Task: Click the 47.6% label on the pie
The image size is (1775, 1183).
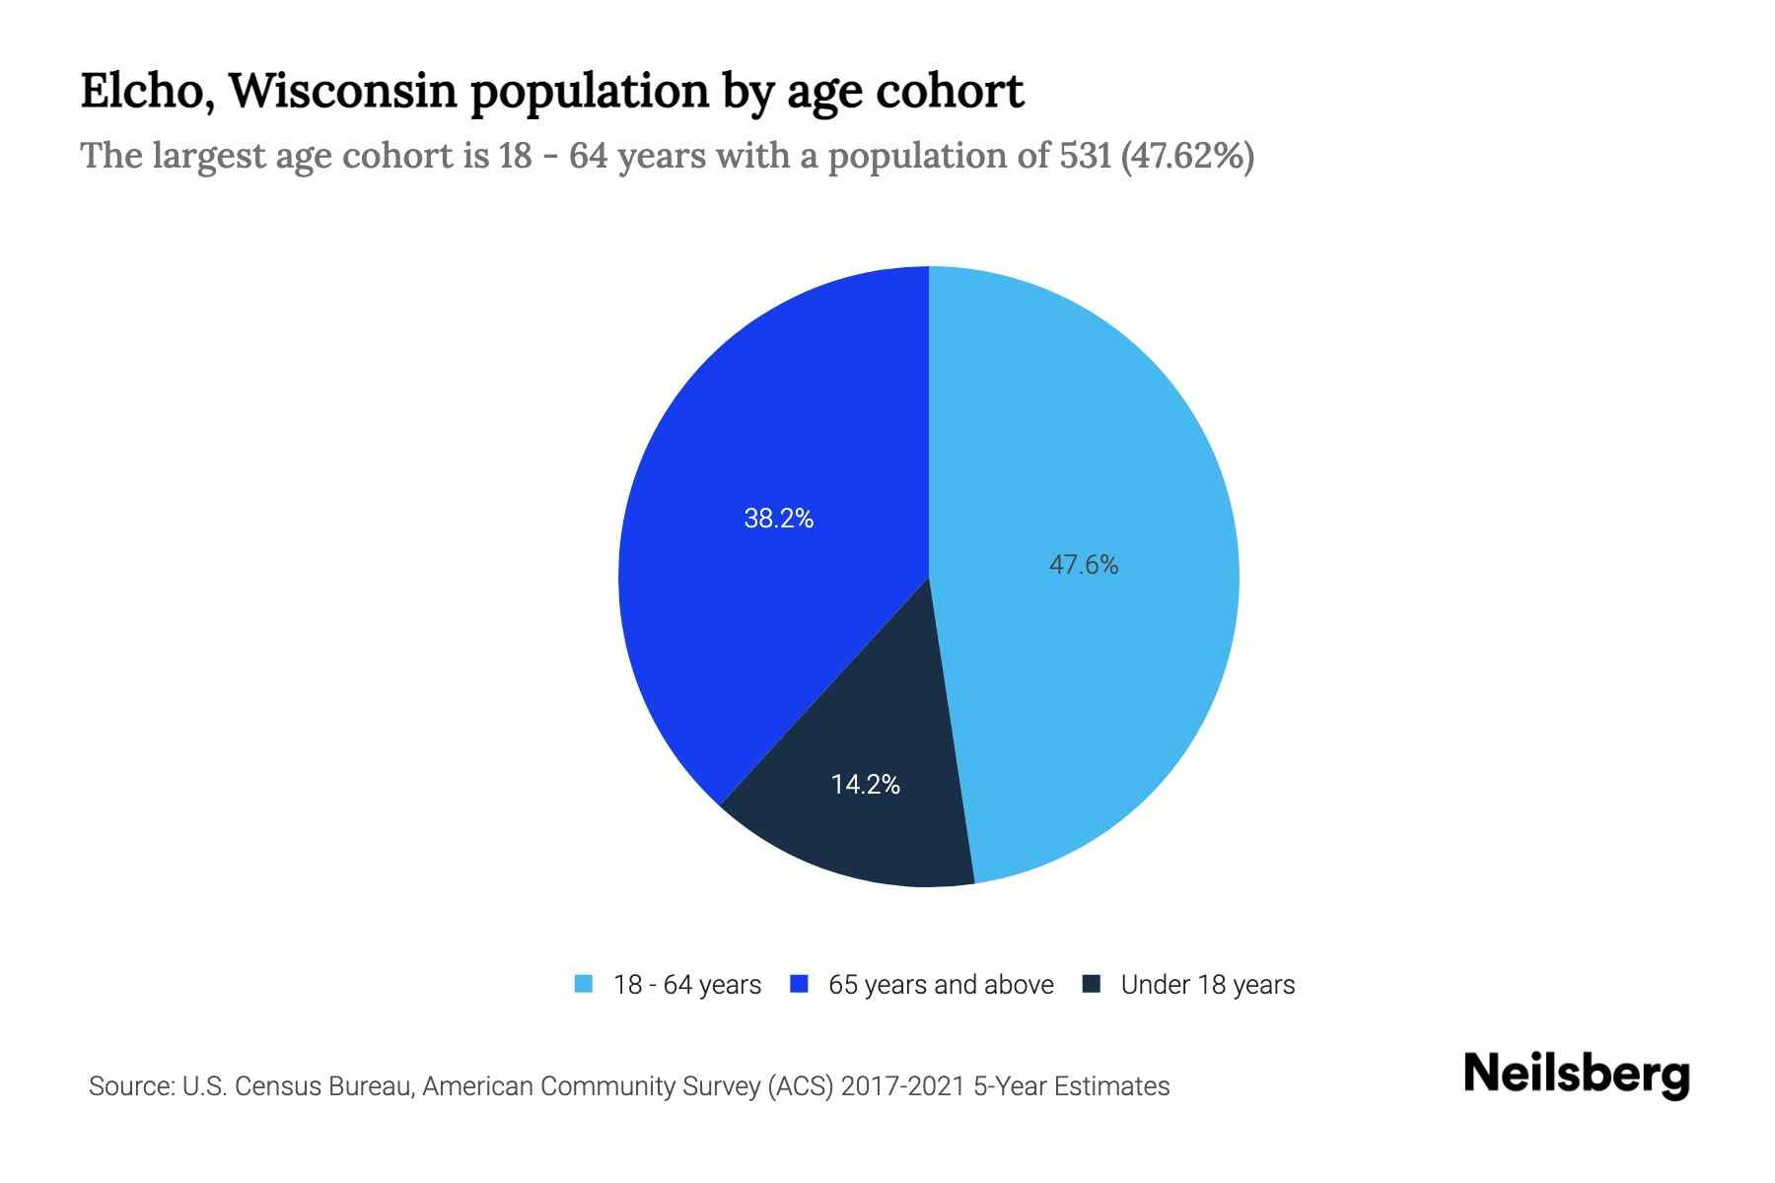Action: pyautogui.click(x=1083, y=565)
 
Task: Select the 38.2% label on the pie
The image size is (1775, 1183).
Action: pyautogui.click(x=778, y=519)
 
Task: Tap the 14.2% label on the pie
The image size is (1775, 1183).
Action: pyautogui.click(x=865, y=785)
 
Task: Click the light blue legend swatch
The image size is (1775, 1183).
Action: pyautogui.click(x=584, y=984)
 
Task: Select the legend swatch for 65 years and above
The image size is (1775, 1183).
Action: pyautogui.click(x=800, y=984)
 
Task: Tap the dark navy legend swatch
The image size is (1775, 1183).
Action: pyautogui.click(x=1092, y=984)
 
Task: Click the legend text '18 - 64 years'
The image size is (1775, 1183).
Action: pyautogui.click(x=687, y=985)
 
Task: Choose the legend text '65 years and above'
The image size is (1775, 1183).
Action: pyautogui.click(x=941, y=985)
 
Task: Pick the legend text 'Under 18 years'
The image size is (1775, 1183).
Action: pyautogui.click(x=1208, y=985)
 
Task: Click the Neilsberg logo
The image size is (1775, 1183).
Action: pyautogui.click(x=1576, y=1075)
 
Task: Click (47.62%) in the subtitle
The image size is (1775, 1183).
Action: pyautogui.click(x=1187, y=156)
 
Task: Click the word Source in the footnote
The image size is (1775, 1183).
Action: pyautogui.click(x=130, y=1086)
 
